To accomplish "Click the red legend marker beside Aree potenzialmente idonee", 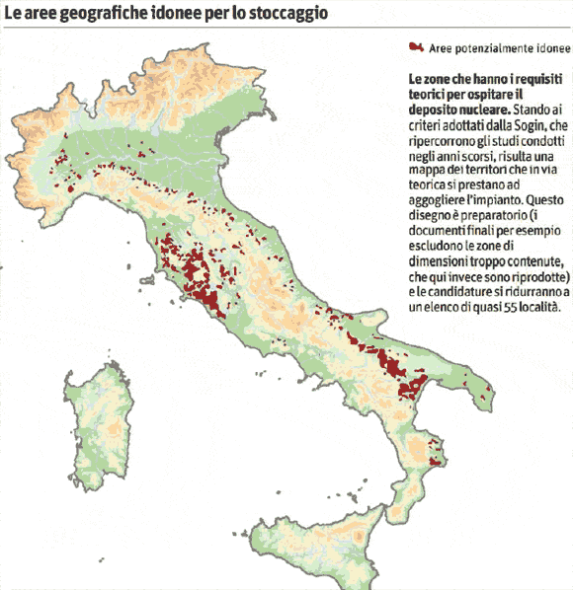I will click(x=416, y=47).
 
